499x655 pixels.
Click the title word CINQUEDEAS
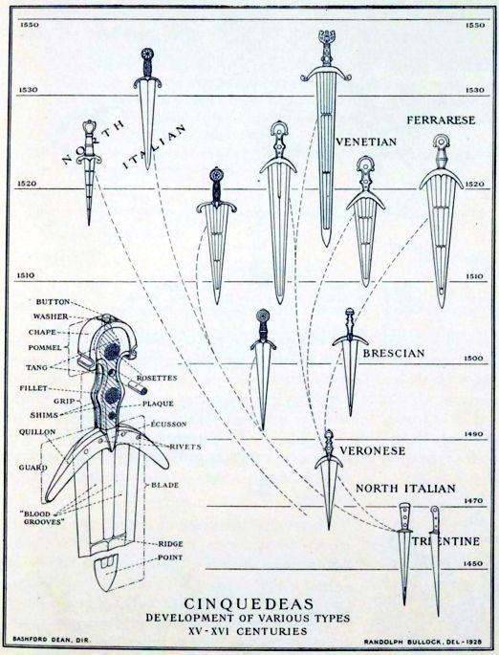[249, 603]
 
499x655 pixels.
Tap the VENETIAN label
[366, 142]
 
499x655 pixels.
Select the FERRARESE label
[441, 120]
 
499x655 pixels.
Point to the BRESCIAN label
[393, 353]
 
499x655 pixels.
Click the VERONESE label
[373, 450]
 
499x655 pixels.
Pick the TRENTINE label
[446, 541]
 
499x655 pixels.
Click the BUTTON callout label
[53, 301]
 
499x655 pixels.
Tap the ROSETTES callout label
[157, 378]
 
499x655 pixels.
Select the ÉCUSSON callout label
[168, 424]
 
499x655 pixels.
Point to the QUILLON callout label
[37, 432]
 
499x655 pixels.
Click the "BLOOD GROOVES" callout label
[43, 517]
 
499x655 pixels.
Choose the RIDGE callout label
[170, 544]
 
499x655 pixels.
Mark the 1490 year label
[474, 434]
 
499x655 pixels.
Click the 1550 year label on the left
[30, 25]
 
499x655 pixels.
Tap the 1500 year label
[474, 359]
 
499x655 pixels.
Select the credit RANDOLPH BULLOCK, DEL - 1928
[423, 642]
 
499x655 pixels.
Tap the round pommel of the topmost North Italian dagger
[147, 54]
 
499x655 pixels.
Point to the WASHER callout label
[51, 317]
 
